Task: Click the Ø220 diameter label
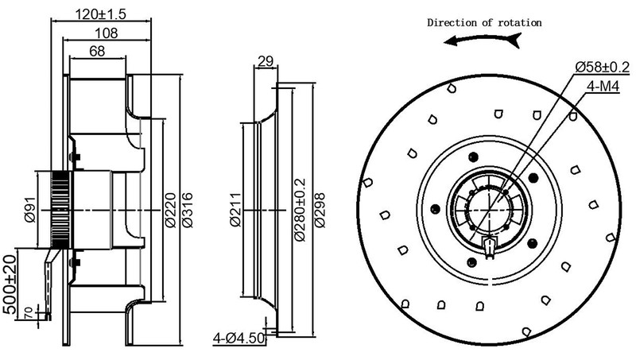click(170, 211)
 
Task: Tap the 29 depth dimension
click(266, 61)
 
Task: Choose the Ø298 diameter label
click(320, 211)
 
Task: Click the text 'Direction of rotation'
click(484, 22)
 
